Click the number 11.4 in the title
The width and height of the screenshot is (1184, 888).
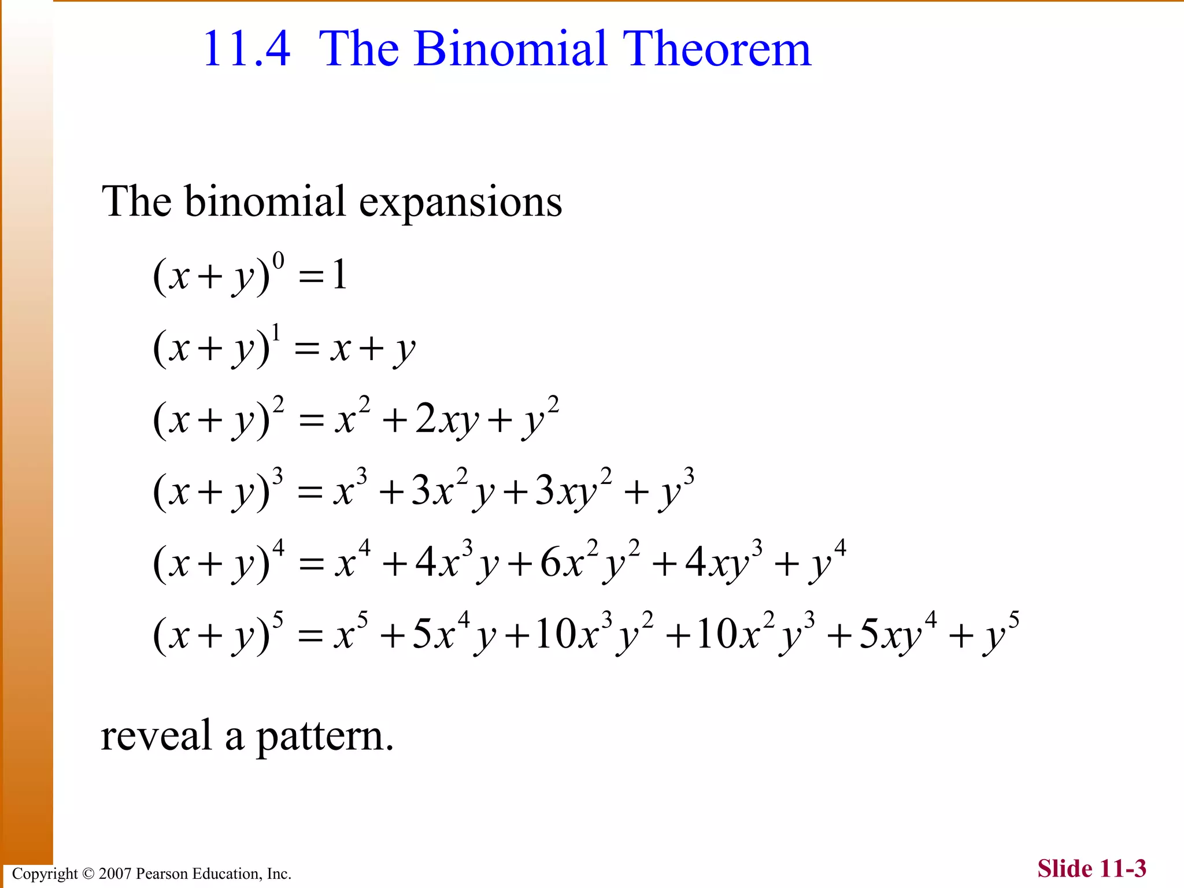point(246,49)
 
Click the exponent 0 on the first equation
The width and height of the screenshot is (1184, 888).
point(278,261)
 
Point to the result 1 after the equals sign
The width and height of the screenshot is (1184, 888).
point(339,275)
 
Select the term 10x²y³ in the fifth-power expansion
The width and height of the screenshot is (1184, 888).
point(754,634)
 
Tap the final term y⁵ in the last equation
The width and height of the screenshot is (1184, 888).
point(1001,634)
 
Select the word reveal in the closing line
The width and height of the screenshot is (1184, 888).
point(156,737)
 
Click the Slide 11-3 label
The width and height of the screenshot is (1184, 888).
point(1091,868)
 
